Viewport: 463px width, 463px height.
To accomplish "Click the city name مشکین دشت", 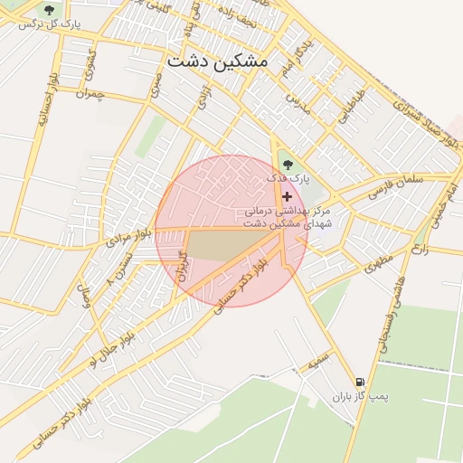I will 218,61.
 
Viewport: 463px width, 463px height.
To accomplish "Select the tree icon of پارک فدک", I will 288,165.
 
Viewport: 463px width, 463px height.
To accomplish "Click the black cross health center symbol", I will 288,196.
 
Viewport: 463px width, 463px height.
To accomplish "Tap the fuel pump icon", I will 362,383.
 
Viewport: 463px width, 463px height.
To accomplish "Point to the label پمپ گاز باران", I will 339,396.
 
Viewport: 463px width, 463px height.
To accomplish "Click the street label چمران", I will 92,93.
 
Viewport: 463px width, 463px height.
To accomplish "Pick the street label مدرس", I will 298,102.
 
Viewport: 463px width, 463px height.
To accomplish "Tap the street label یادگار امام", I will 300,56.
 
